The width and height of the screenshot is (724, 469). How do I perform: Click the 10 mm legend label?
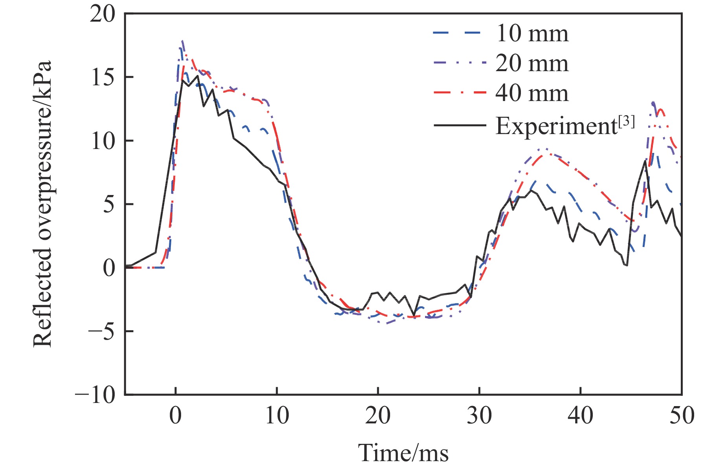point(532,33)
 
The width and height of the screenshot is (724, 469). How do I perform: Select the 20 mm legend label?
point(532,63)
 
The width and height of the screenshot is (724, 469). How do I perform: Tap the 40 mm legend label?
point(532,94)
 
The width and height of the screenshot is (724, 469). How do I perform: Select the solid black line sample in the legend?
point(459,126)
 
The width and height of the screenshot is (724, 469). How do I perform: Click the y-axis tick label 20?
point(103,15)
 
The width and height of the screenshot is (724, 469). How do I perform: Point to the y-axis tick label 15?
point(103,77)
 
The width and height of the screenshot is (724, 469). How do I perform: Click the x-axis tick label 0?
point(176,416)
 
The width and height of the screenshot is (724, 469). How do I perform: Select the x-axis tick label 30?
point(479,416)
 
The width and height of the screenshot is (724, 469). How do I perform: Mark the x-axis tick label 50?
point(682,416)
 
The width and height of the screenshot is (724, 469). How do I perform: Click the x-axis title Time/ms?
point(403,452)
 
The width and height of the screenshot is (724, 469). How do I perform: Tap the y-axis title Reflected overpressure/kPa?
point(42,204)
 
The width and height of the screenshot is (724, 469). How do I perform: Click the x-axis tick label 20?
point(378,416)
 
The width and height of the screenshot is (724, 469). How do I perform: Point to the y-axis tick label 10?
point(103,141)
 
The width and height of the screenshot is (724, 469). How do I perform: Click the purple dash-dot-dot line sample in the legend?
point(459,63)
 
